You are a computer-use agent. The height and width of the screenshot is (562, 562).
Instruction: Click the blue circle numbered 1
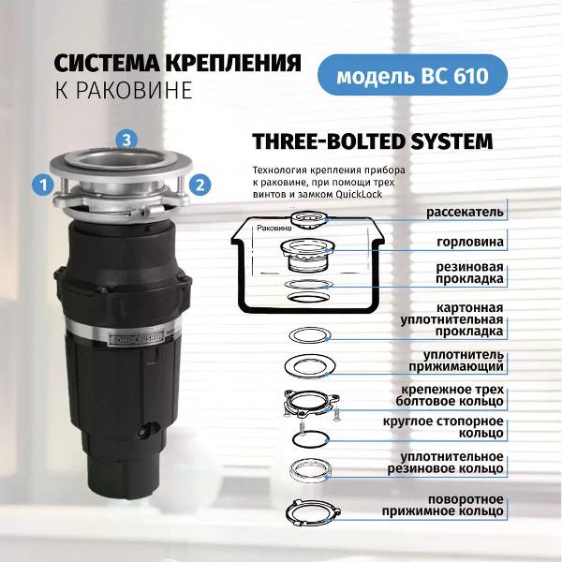click(x=43, y=185)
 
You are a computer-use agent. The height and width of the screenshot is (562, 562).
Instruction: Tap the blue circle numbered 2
click(x=200, y=185)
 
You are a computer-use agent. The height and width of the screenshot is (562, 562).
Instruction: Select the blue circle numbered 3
click(x=126, y=140)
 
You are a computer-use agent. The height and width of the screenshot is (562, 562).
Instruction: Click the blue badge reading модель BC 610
click(x=412, y=75)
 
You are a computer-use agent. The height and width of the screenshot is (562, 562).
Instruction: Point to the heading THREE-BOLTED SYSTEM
click(x=373, y=141)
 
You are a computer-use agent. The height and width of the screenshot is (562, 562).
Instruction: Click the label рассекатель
click(x=465, y=213)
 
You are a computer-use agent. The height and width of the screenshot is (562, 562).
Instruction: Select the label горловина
click(x=470, y=242)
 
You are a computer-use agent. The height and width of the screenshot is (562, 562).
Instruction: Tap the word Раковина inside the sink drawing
click(x=274, y=228)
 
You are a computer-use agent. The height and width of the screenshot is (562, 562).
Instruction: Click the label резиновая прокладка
click(x=469, y=273)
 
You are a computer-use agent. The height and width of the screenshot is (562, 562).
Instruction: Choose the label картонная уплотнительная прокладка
click(x=452, y=319)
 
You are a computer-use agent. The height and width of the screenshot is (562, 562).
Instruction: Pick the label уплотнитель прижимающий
click(x=456, y=361)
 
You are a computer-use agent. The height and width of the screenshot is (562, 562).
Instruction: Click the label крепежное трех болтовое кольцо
click(x=450, y=395)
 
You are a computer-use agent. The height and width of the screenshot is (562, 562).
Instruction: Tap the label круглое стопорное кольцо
click(x=443, y=427)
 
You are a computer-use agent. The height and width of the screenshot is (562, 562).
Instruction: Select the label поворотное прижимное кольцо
click(x=443, y=505)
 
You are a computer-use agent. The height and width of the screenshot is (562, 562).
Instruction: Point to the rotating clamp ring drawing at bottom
click(x=313, y=512)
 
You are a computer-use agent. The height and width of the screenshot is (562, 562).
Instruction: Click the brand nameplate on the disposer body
click(x=136, y=337)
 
